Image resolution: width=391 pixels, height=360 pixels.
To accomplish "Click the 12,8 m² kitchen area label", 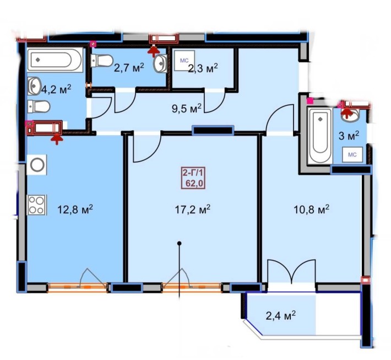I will pos(74,209).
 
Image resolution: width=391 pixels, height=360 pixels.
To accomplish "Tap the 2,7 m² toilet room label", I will pos(129,68).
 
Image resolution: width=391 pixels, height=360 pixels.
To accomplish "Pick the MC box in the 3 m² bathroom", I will pos(352,154).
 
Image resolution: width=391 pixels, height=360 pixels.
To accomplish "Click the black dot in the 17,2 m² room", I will pos(179,243).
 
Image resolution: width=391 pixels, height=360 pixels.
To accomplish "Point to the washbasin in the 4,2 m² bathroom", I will pos(34,85).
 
